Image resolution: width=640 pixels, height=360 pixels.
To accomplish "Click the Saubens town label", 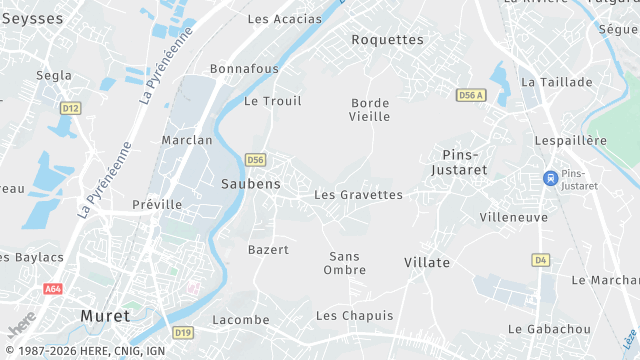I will (x=250, y=184).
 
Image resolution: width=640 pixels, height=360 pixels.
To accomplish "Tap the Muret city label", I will (x=104, y=316).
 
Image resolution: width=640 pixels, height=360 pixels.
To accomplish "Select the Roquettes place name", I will (x=388, y=40).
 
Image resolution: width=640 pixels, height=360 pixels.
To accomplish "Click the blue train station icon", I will (x=549, y=178).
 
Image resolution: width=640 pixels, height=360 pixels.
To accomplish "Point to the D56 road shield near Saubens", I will (x=256, y=160).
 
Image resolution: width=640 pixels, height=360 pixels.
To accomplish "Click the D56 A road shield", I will (x=470, y=95).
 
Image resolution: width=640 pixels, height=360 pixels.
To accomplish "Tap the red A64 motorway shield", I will (x=54, y=289).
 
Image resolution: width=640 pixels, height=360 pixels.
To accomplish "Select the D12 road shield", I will (x=69, y=108).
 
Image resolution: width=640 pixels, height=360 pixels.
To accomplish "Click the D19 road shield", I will (x=182, y=332).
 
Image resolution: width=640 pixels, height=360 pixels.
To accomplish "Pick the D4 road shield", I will (x=541, y=260).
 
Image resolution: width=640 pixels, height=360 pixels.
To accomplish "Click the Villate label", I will (x=427, y=262).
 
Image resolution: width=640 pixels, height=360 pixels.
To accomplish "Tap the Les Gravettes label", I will (x=358, y=195).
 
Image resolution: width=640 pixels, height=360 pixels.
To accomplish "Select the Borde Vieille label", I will (x=370, y=110).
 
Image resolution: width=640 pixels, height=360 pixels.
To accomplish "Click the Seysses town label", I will (x=25, y=19).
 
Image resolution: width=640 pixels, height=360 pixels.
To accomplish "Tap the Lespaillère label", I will (x=571, y=141).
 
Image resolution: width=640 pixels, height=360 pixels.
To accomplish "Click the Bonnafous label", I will (x=244, y=69).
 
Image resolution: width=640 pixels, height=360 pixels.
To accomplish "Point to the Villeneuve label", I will (x=514, y=217).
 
